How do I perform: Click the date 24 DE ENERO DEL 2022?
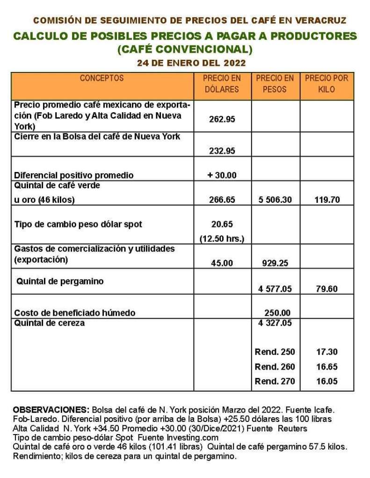pyautogui.click(x=191, y=63)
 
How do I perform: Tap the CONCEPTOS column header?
pyautogui.click(x=102, y=78)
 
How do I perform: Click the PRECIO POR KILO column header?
pyautogui.click(x=326, y=84)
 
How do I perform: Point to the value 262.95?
pyautogui.click(x=222, y=119)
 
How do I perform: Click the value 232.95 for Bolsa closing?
pyautogui.click(x=222, y=150)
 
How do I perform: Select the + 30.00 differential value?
pyautogui.click(x=222, y=175)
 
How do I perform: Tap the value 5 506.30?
pyautogui.click(x=275, y=200)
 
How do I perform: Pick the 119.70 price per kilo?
pyautogui.click(x=326, y=200)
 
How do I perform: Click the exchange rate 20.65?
pyautogui.click(x=222, y=224)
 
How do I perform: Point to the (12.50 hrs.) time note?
pyautogui.click(x=222, y=239)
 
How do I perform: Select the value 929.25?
pyautogui.click(x=275, y=263)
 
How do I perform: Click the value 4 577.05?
pyautogui.click(x=275, y=289)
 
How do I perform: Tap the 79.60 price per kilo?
pyautogui.click(x=326, y=289)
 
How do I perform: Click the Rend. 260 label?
pyautogui.click(x=275, y=367)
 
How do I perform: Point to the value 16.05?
pyautogui.click(x=326, y=381)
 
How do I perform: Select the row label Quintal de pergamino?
pyautogui.click(x=60, y=281)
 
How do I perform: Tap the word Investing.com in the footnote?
pyautogui.click(x=193, y=438)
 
